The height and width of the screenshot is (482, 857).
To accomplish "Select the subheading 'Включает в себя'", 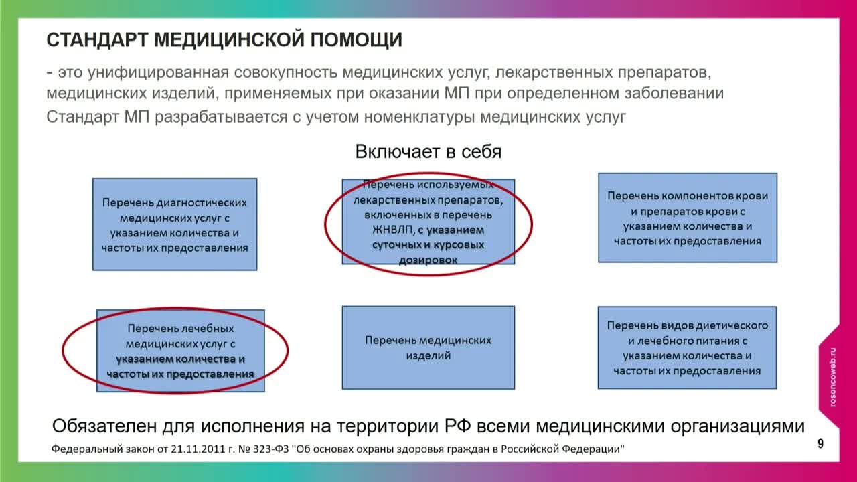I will pyautogui.click(x=428, y=152).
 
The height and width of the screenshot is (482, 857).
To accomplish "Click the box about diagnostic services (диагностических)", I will pyautogui.click(x=175, y=224).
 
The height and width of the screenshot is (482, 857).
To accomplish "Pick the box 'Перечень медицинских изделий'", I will pyautogui.click(x=428, y=347).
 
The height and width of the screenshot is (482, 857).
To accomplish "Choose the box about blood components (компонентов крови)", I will pyautogui.click(x=688, y=218).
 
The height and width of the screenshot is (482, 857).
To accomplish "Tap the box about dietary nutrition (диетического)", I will pyautogui.click(x=688, y=347).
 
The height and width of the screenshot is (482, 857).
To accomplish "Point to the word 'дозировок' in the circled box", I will pyautogui.click(x=428, y=260).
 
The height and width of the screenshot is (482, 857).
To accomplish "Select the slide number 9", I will pyautogui.click(x=820, y=443).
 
